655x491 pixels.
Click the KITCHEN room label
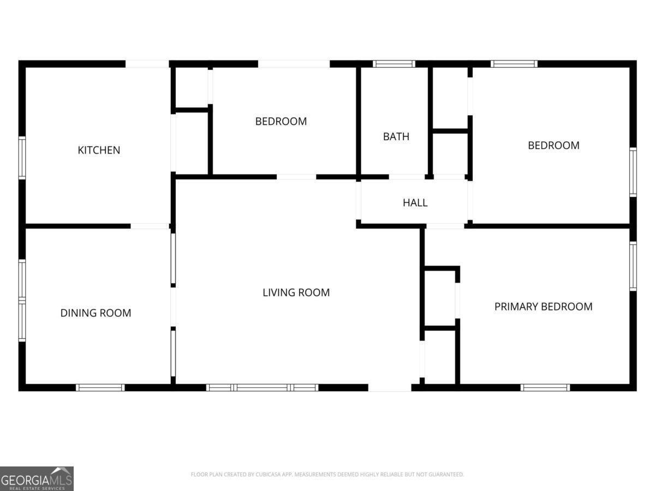[99, 150]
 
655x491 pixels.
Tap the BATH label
[396, 136]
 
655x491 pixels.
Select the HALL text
[415, 203]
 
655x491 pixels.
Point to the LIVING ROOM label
[296, 292]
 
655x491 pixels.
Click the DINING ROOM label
[96, 313]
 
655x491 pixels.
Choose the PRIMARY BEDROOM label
[543, 307]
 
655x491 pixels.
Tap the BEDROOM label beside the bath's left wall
[281, 121]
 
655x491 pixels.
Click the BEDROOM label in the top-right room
[553, 145]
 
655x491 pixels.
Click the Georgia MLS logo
[37, 478]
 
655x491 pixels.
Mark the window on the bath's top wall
[394, 64]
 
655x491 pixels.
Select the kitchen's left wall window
[22, 158]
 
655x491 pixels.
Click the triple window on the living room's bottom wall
[262, 387]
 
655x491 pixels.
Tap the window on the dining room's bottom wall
[100, 387]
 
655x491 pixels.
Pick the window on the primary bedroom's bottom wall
[545, 387]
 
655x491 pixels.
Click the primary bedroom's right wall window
[633, 266]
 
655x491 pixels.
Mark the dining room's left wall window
[22, 300]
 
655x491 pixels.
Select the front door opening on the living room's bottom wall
[390, 387]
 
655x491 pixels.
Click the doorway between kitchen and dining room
[150, 226]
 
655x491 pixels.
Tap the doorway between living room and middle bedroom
[296, 177]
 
